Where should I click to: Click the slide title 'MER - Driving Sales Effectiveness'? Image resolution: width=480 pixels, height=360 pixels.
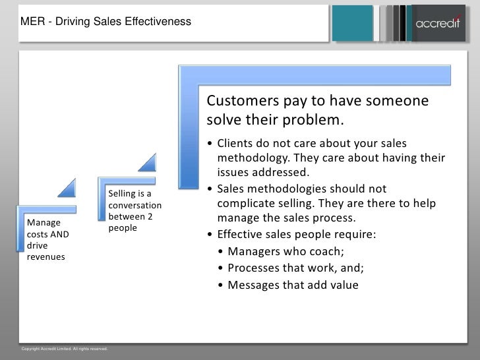[106, 23]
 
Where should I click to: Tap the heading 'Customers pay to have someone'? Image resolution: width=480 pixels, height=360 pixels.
[318, 102]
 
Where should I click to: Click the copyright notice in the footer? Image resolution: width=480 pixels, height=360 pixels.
[65, 348]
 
